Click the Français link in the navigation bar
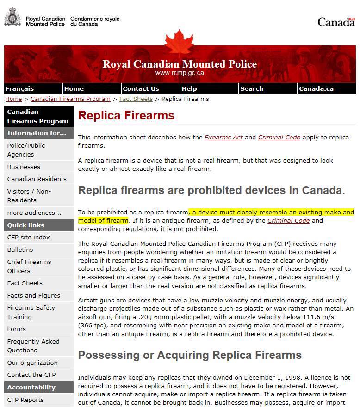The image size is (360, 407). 19,88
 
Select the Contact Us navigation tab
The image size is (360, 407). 141,88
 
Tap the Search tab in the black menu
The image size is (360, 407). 252,88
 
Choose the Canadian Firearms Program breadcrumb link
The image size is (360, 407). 70,99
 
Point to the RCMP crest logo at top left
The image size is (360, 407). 12,17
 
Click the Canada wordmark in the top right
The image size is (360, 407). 336,22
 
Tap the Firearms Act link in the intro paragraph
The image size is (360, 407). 223,137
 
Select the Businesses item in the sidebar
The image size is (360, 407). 24,167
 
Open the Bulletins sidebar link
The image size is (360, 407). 20,250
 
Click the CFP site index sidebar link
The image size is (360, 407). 28,237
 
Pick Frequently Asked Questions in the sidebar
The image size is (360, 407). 33,345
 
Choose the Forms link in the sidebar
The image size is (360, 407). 16,329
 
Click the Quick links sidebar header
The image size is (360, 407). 26,225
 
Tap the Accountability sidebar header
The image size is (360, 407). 31,387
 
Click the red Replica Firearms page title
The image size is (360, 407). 126,115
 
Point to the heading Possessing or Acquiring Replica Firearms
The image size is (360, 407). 190,355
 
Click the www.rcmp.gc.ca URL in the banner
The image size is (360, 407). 180,73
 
